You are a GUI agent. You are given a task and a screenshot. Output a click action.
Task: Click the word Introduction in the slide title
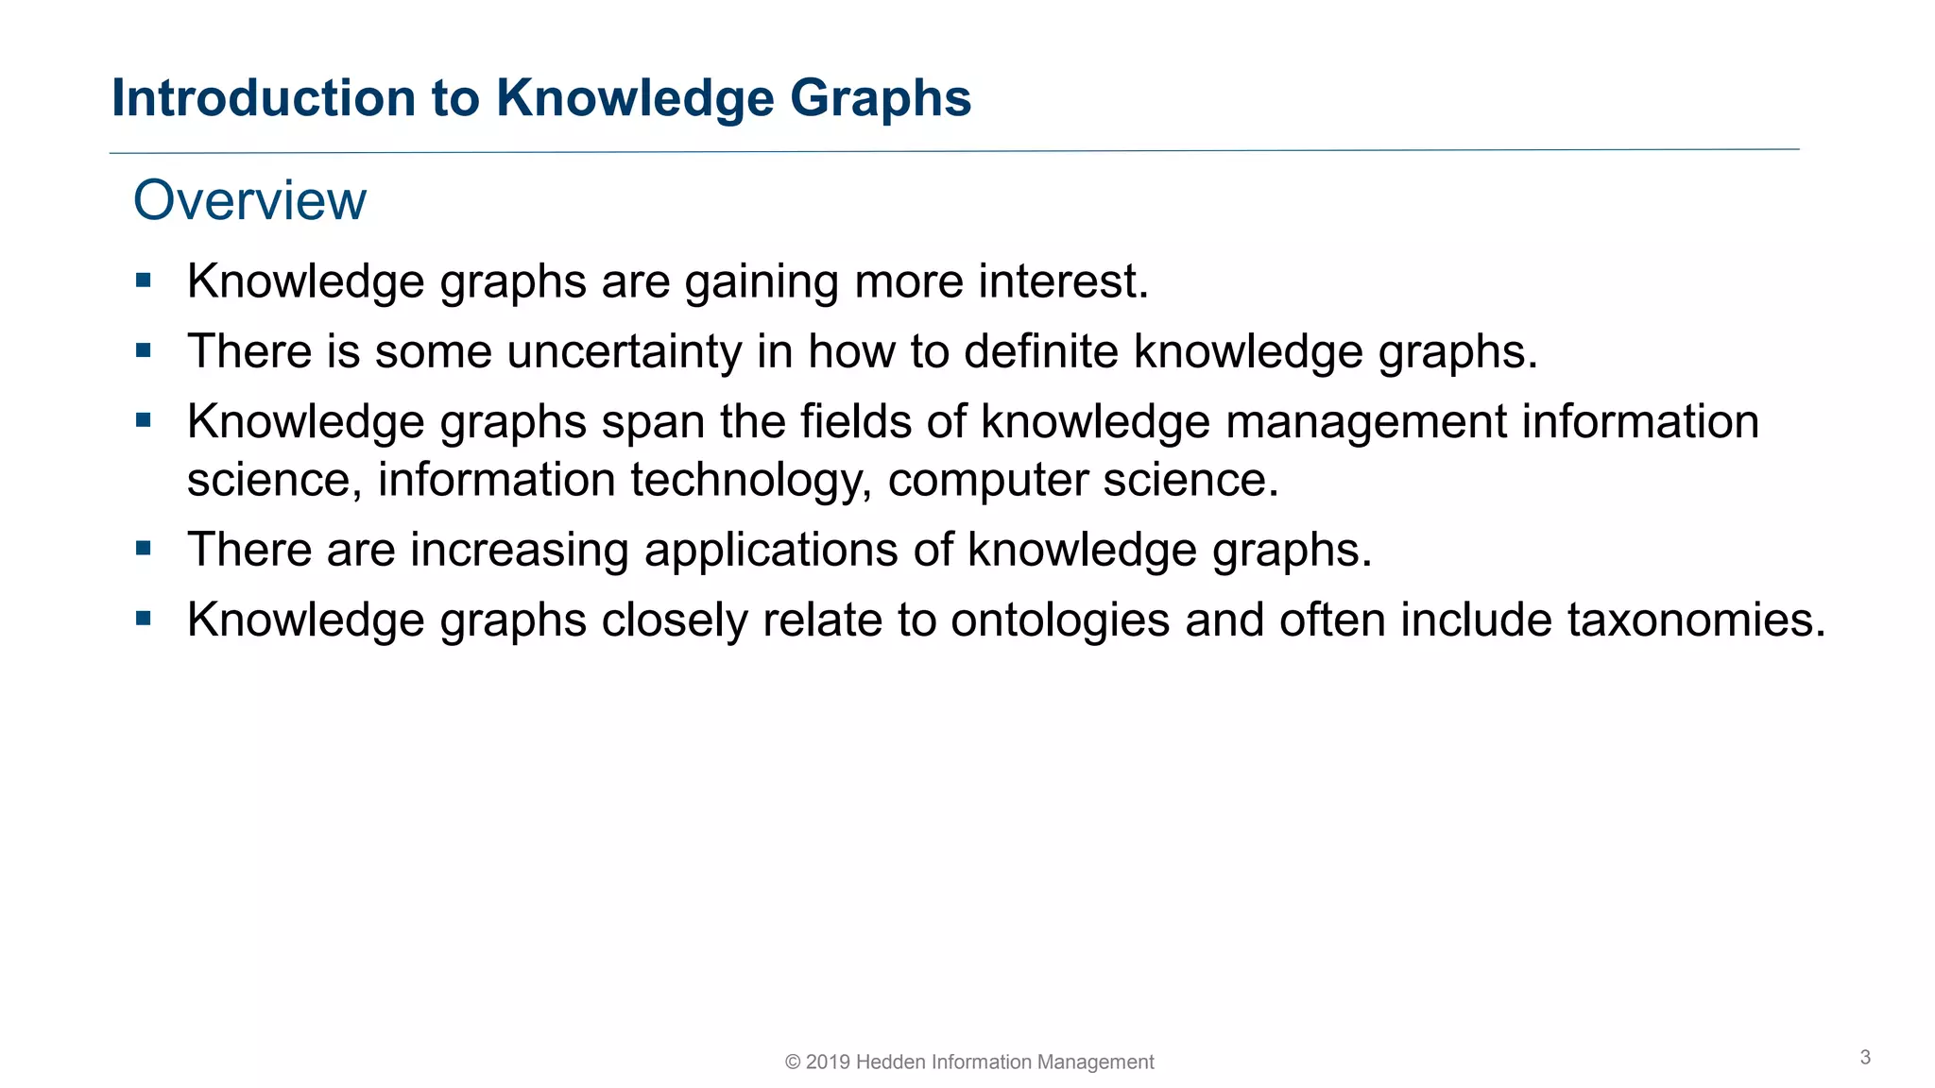[264, 98]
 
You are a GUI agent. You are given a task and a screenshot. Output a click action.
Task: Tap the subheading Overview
[249, 200]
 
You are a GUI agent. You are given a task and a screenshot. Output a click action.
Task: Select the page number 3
[1865, 1058]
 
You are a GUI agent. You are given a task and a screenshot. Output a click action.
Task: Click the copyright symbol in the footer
[793, 1062]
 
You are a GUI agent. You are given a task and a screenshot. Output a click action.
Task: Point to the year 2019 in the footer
[828, 1062]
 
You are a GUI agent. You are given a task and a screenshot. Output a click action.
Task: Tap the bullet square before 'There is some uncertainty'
[144, 351]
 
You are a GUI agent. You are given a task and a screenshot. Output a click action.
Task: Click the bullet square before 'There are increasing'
[144, 549]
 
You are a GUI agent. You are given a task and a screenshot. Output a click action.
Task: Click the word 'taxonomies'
[1696, 620]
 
